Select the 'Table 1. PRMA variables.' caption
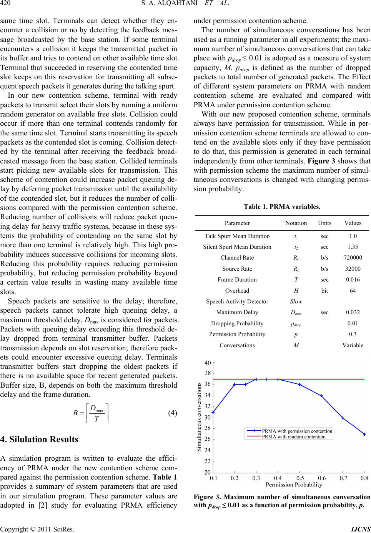tap(282, 207)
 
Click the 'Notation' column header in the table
tap(296, 223)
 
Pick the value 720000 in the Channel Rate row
tap(353, 258)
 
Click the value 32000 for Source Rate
tap(353, 269)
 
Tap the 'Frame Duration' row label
tap(237, 280)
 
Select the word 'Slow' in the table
tap(296, 301)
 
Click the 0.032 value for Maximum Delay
tap(353, 312)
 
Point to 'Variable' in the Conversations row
tap(353, 345)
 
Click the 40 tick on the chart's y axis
tap(208, 363)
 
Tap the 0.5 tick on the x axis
tap(300, 478)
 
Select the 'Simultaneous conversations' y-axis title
tap(199, 417)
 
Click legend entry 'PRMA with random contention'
tap(294, 436)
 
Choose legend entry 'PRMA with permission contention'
tap(297, 431)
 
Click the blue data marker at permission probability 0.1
tap(213, 412)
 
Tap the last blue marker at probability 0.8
tap(364, 434)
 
